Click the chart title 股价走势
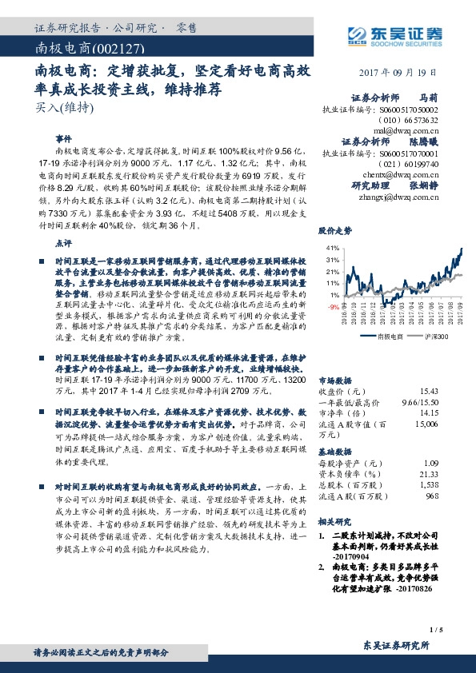334,230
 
